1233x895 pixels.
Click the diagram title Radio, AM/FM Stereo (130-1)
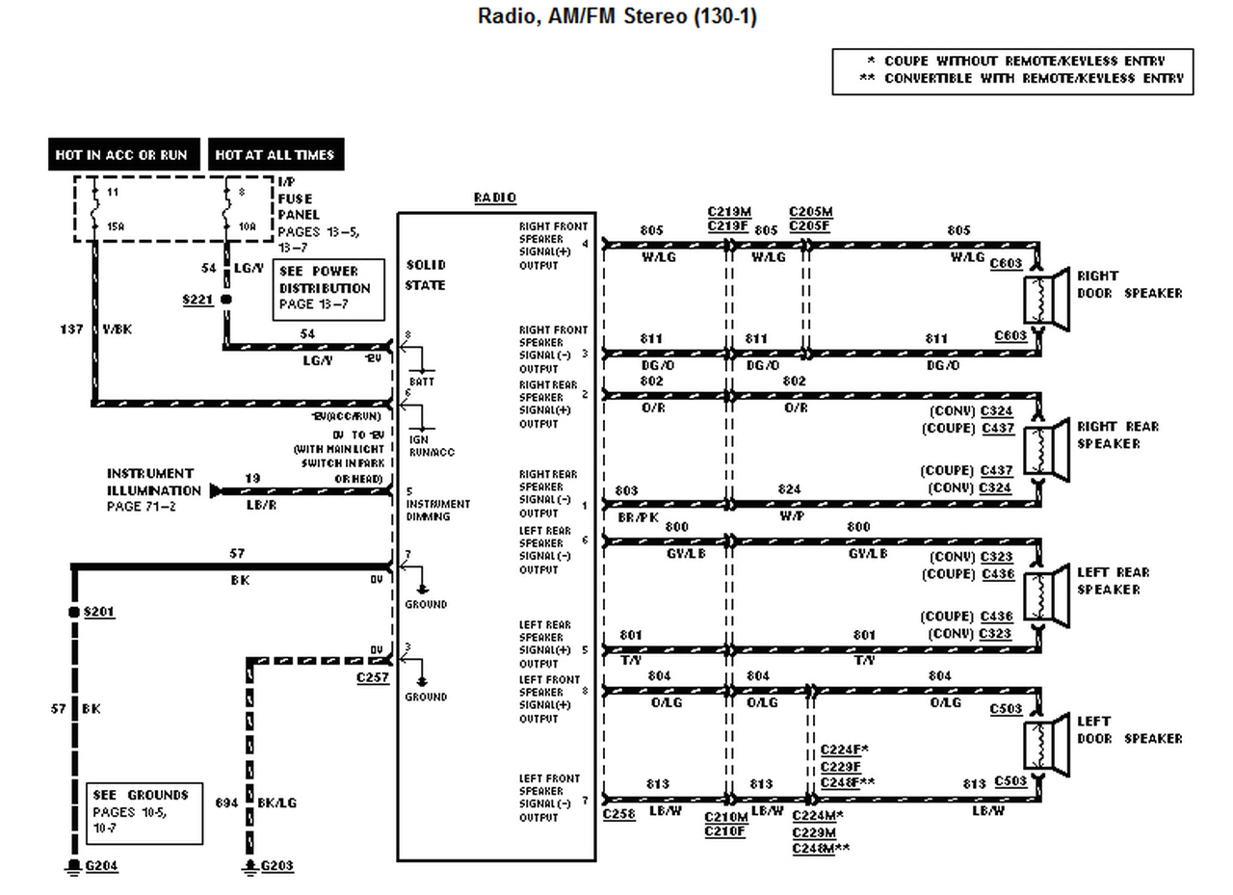click(616, 17)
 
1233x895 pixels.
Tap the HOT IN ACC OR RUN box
click(123, 154)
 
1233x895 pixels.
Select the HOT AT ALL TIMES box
click(275, 154)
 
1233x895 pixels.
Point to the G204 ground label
click(101, 865)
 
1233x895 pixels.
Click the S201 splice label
click(99, 612)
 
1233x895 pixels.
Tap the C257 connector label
click(372, 678)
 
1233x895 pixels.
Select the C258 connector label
click(618, 814)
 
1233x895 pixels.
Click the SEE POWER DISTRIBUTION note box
click(328, 288)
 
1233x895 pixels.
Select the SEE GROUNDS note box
click(144, 812)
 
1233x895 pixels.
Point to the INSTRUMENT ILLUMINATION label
click(150, 480)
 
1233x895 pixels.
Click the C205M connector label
click(810, 212)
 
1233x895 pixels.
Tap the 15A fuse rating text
click(115, 226)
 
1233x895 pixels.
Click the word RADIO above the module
click(494, 197)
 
